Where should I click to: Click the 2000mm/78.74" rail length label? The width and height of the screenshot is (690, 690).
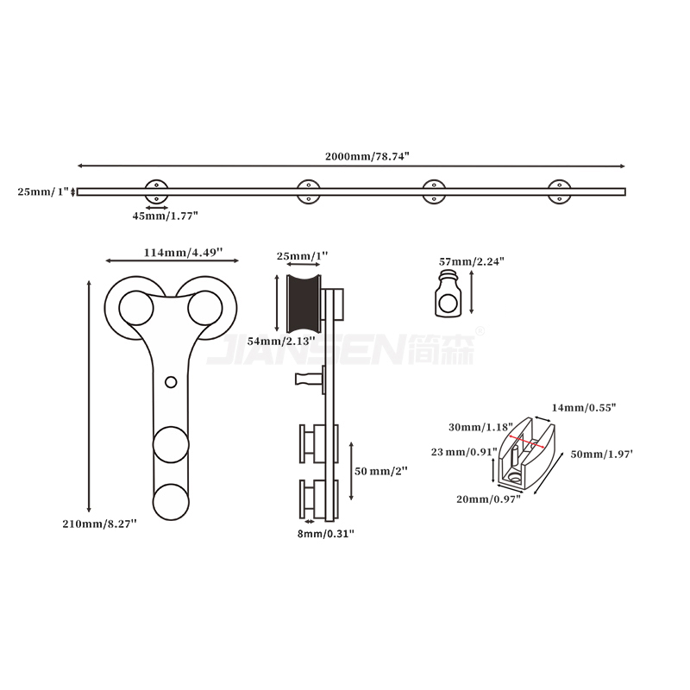[367, 156]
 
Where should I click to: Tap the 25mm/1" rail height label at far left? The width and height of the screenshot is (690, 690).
[42, 191]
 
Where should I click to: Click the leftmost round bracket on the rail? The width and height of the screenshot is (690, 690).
[157, 191]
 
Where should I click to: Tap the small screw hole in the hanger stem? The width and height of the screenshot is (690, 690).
[171, 380]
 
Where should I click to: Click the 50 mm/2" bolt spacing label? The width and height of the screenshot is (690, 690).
[380, 471]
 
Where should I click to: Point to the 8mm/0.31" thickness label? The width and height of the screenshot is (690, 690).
[324, 534]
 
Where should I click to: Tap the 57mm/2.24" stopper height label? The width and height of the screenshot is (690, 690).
[471, 260]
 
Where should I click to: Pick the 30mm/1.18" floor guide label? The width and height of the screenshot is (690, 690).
[480, 426]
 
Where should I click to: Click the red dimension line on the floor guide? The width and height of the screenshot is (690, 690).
[526, 442]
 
